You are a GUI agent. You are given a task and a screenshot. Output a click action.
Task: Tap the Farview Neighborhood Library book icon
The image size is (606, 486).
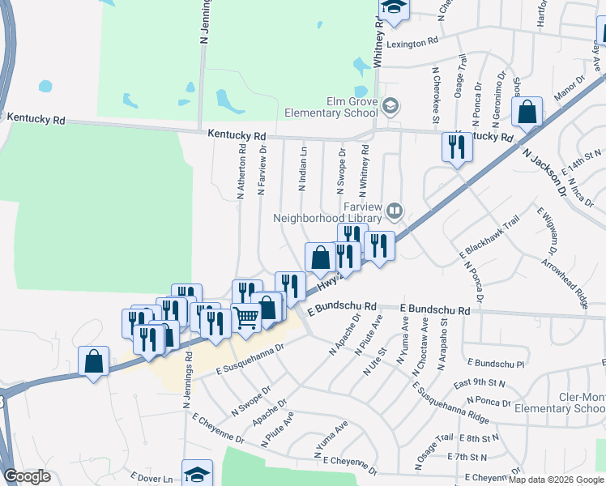(x=395, y=211)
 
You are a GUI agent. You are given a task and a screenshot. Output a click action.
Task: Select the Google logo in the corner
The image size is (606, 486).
(x=28, y=476)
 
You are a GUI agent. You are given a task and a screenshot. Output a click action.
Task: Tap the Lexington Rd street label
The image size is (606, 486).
(x=412, y=41)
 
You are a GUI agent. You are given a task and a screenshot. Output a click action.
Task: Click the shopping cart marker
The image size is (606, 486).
(x=246, y=316)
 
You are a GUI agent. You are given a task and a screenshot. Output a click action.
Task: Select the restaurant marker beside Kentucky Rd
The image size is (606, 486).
(x=456, y=147)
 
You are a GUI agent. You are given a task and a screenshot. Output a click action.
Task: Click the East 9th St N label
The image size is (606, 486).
(x=480, y=382)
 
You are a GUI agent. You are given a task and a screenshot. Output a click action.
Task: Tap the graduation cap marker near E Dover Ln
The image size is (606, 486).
(x=197, y=474)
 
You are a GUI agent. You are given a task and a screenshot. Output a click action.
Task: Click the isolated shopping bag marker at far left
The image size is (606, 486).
(x=94, y=360)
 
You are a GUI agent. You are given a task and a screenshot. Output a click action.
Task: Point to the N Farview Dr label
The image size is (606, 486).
(x=261, y=171)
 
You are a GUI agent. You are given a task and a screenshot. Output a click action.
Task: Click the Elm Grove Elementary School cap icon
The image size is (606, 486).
(x=390, y=106)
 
